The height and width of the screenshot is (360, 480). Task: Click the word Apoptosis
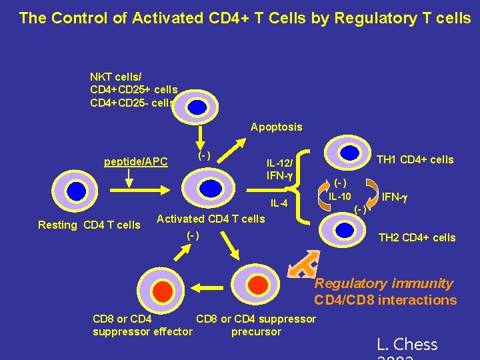[x=276, y=127]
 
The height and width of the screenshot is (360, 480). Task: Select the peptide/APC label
[x=135, y=161]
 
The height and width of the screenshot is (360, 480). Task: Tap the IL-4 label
[x=278, y=203]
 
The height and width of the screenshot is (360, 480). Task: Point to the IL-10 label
[x=340, y=196]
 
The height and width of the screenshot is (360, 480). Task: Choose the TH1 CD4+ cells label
[x=415, y=159]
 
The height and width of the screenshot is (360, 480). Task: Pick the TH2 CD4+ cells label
[x=417, y=237]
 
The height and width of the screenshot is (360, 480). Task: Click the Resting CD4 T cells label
[x=89, y=225]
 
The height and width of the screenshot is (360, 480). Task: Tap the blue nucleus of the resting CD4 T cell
[x=77, y=191]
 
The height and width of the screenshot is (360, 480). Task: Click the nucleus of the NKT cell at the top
[x=197, y=107]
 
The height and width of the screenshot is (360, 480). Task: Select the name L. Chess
[x=407, y=345]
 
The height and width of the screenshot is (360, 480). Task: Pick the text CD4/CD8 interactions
[x=385, y=300]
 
